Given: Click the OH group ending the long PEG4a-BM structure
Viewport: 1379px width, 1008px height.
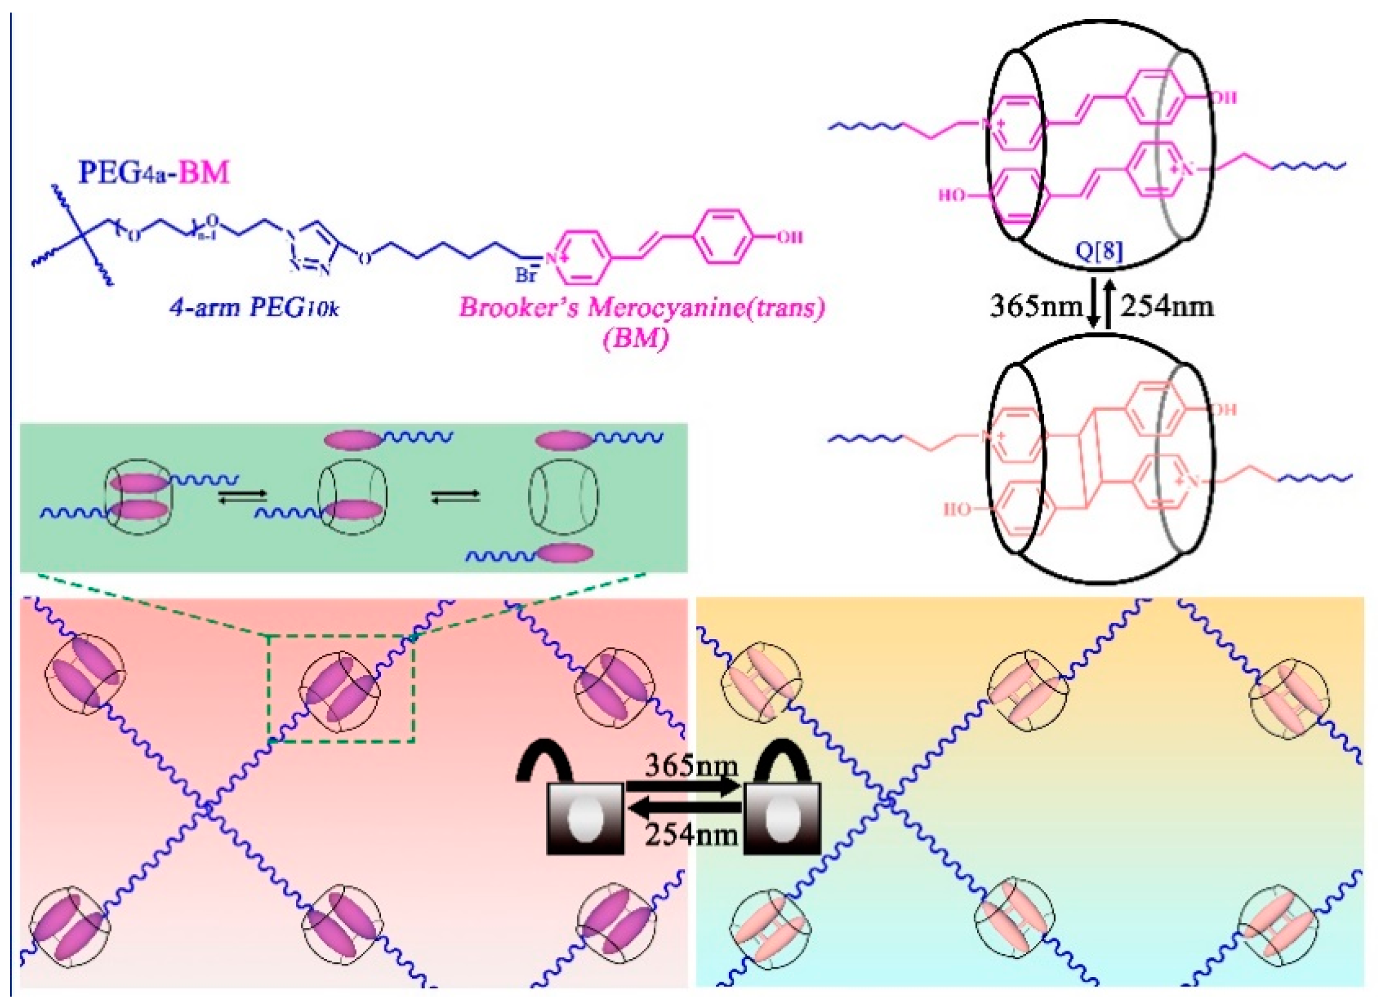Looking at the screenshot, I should [789, 237].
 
